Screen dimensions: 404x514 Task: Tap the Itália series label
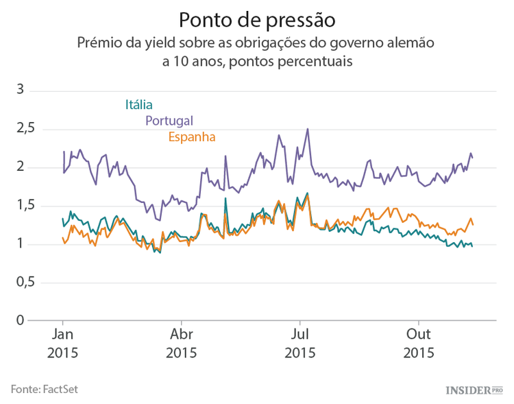(x=138, y=105)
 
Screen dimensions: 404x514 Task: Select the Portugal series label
(x=169, y=121)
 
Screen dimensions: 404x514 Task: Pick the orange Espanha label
(x=192, y=136)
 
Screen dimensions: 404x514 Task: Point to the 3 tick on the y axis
(x=21, y=90)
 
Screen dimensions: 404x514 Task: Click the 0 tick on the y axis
(x=21, y=321)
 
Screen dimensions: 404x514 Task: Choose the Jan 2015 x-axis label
(x=63, y=344)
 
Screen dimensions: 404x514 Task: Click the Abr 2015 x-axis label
(x=181, y=344)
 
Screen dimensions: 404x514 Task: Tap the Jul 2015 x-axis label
(x=299, y=344)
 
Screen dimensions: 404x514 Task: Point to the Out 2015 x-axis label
(x=418, y=344)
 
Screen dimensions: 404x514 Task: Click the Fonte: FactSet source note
(x=45, y=389)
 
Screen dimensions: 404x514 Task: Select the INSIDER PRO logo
(x=474, y=390)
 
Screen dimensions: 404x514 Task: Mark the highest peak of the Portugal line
(x=308, y=129)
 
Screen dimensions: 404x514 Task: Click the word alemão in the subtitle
(x=411, y=43)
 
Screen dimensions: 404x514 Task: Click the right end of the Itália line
(x=472, y=246)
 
